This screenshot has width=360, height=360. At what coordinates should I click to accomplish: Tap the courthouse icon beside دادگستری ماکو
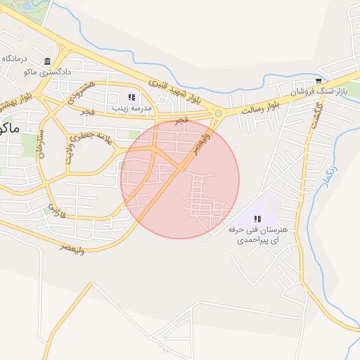47,61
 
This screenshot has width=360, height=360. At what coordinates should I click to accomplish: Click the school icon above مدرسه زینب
131,97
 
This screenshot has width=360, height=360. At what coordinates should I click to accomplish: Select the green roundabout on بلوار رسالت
219,113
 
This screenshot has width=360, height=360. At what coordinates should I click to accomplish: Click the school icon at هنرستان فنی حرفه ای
257,218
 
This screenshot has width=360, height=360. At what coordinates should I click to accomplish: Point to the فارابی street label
56,211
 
